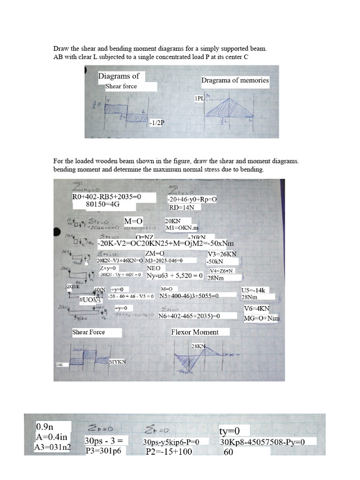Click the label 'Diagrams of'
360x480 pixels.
click(119, 76)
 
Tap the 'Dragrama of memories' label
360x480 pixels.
click(235, 80)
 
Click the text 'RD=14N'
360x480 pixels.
click(178, 207)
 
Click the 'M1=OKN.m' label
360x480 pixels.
click(182, 227)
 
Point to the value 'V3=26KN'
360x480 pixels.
click(222, 254)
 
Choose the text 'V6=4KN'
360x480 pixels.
click(257, 309)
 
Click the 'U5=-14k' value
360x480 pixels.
click(253, 290)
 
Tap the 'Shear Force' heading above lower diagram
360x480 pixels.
click(89, 332)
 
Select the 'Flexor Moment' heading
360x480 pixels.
click(195, 332)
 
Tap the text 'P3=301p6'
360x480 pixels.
click(103, 451)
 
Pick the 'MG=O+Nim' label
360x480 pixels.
click(262, 318)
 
